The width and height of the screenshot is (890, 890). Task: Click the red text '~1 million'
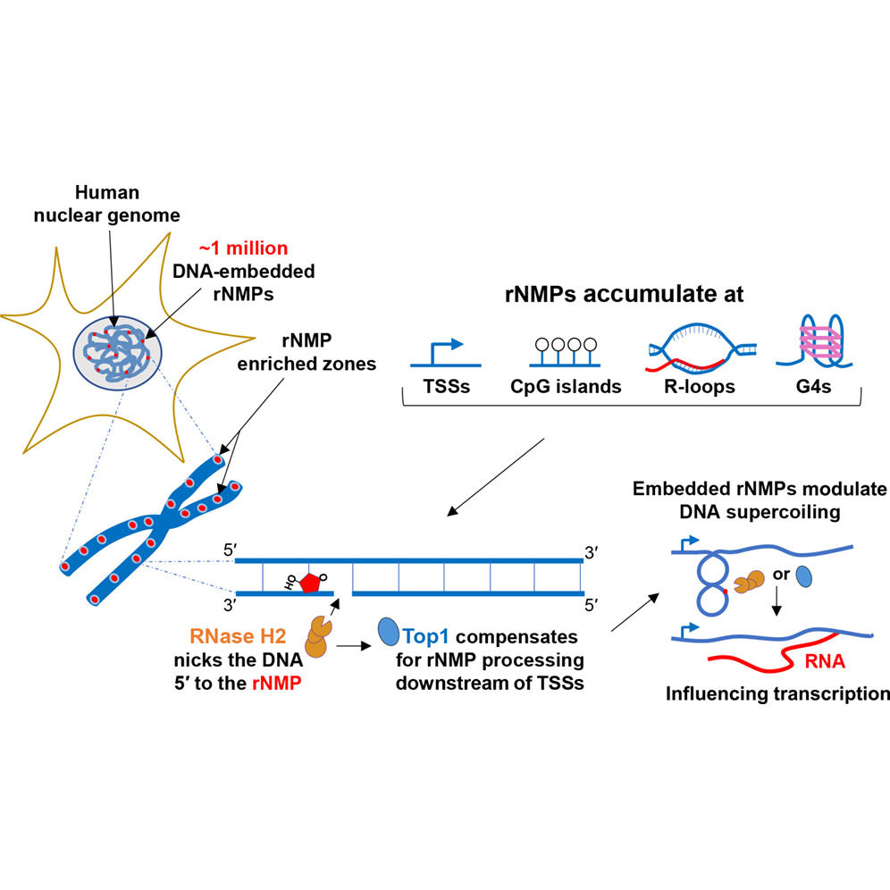point(244,248)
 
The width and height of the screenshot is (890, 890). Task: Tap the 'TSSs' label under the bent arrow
point(446,387)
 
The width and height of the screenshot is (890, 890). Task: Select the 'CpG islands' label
point(566,387)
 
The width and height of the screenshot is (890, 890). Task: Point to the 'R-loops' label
point(700,387)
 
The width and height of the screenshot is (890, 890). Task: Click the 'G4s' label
point(813,387)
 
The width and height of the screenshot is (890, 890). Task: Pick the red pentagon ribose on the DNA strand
point(309,583)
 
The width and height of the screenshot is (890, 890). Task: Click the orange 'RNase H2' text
point(238,636)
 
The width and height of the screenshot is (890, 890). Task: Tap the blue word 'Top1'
point(425,637)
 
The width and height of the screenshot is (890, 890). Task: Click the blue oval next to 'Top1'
point(389,632)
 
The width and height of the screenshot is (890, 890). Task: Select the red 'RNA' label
point(825,661)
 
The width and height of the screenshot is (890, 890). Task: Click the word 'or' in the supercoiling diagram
point(781,575)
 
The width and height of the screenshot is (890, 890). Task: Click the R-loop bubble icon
point(701,348)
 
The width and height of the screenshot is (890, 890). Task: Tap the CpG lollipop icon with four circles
point(566,352)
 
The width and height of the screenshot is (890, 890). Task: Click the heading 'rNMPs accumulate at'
point(624,294)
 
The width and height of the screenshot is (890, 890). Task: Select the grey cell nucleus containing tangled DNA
point(117,353)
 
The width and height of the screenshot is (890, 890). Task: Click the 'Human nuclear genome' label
point(106,204)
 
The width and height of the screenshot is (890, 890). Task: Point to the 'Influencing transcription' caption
point(777,693)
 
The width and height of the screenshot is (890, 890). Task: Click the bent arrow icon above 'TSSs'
point(446,353)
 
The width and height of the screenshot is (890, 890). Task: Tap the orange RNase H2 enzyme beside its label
point(318,636)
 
